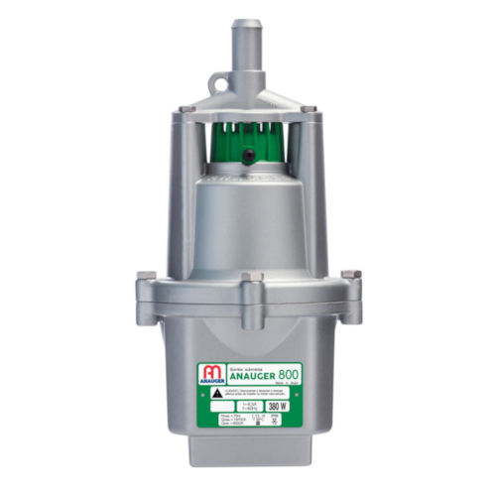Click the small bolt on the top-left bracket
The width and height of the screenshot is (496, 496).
coord(178,115)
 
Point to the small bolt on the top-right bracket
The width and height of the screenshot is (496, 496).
coord(313,115)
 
